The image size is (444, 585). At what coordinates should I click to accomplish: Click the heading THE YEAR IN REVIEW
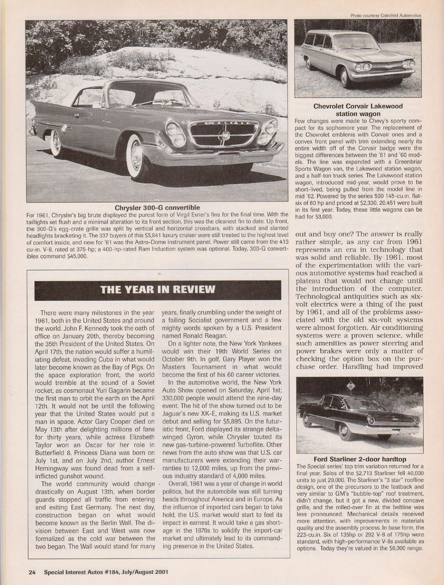click(158, 290)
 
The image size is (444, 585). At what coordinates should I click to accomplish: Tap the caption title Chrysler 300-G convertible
click(157, 207)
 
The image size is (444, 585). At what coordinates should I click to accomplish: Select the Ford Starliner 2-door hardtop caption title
click(359, 459)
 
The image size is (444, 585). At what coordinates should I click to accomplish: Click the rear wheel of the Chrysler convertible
click(56, 143)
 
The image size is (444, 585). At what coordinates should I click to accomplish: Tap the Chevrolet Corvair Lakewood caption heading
click(358, 110)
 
